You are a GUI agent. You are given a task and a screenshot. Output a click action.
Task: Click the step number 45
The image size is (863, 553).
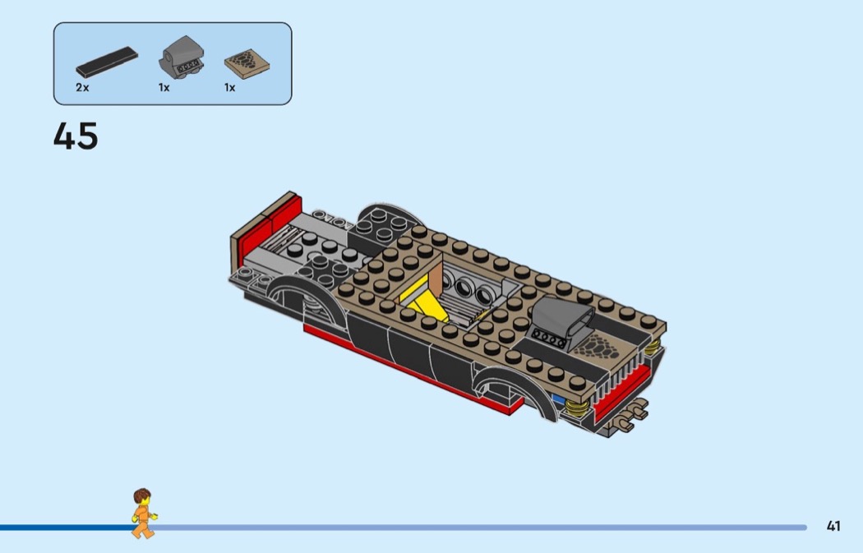(76, 136)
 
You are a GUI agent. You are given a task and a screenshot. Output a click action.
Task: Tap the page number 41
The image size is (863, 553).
(833, 526)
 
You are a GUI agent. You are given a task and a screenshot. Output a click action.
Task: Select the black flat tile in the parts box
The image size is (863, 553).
(107, 62)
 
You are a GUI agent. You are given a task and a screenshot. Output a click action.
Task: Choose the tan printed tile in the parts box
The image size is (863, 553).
(247, 64)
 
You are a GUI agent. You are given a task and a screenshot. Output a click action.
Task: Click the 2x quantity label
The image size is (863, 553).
(82, 87)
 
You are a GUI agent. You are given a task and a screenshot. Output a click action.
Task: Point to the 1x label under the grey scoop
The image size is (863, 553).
(164, 87)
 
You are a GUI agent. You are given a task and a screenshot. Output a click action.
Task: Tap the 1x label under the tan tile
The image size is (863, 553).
(229, 87)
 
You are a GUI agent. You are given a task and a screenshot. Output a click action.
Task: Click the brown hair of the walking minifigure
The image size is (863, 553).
(142, 495)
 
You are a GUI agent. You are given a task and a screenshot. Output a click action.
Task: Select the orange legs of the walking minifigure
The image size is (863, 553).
(143, 529)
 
